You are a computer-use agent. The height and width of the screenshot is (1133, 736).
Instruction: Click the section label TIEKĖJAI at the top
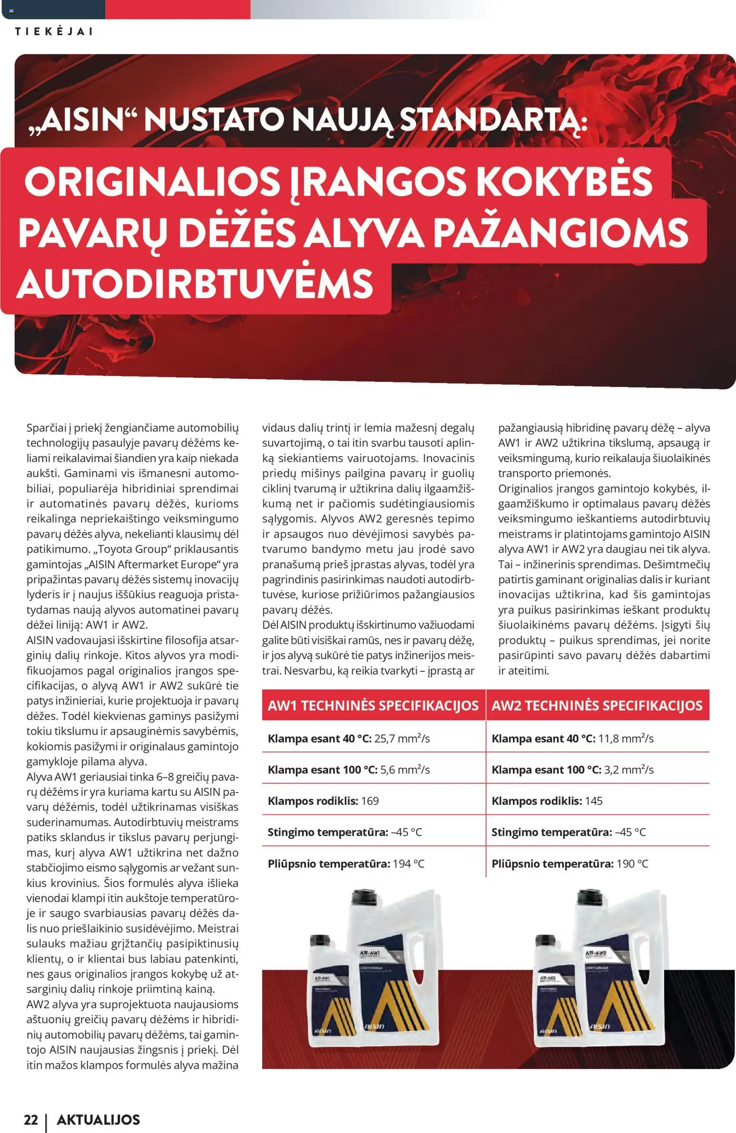pos(54,31)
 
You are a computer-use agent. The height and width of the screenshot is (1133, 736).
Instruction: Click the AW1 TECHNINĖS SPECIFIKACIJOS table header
pos(373,705)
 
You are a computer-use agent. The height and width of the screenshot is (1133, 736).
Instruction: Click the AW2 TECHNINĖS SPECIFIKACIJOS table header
pos(597,705)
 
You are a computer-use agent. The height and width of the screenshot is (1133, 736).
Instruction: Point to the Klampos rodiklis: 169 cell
pos(323,801)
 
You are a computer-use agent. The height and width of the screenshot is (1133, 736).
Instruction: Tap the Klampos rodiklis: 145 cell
pos(547,801)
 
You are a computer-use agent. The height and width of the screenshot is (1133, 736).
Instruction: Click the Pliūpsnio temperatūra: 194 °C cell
pos(346,864)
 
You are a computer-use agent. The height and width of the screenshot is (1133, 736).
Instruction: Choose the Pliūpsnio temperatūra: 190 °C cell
pos(569,864)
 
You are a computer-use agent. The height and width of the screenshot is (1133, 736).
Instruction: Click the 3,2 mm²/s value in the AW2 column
pos(628,770)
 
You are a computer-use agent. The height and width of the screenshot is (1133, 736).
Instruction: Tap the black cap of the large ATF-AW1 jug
pos(363,898)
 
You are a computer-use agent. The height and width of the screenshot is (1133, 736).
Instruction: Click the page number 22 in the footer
pos(31,1120)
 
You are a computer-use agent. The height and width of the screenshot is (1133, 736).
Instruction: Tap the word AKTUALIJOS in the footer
pos(98,1120)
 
